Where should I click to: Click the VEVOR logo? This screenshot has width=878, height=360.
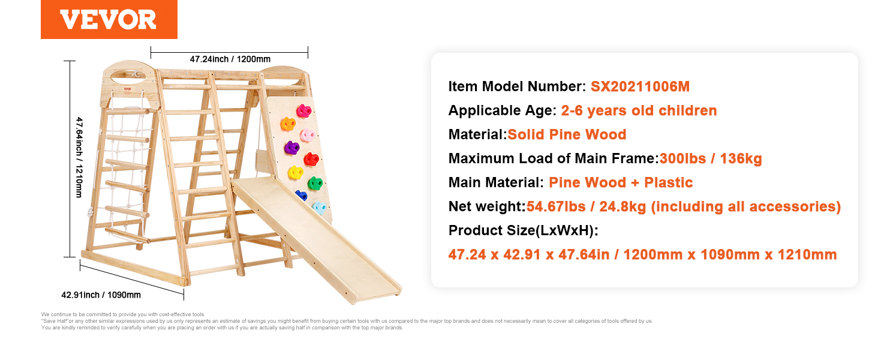(109, 19)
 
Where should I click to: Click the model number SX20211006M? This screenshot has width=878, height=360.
(640, 86)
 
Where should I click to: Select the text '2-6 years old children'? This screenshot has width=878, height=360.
(639, 110)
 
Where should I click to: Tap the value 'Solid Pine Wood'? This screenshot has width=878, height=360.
(567, 134)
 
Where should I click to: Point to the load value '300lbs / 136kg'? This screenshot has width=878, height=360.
(711, 158)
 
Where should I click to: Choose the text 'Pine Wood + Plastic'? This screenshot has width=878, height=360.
(621, 182)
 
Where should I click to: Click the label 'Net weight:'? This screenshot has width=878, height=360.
(487, 206)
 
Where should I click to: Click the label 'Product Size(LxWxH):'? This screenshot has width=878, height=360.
(524, 230)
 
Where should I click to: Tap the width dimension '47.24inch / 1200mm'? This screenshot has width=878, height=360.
(230, 59)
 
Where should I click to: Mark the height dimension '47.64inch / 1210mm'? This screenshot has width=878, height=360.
(79, 157)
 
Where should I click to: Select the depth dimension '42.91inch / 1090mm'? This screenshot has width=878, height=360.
(101, 295)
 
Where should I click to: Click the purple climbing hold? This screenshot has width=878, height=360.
(291, 148)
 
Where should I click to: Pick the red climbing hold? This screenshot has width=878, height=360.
(312, 159)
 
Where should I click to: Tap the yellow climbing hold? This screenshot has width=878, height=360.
(296, 173)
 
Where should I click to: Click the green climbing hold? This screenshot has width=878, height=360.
(315, 183)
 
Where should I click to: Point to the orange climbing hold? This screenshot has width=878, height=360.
(288, 124)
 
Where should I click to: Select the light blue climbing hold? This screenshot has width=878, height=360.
(319, 208)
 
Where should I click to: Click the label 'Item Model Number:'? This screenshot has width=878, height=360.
(517, 86)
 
